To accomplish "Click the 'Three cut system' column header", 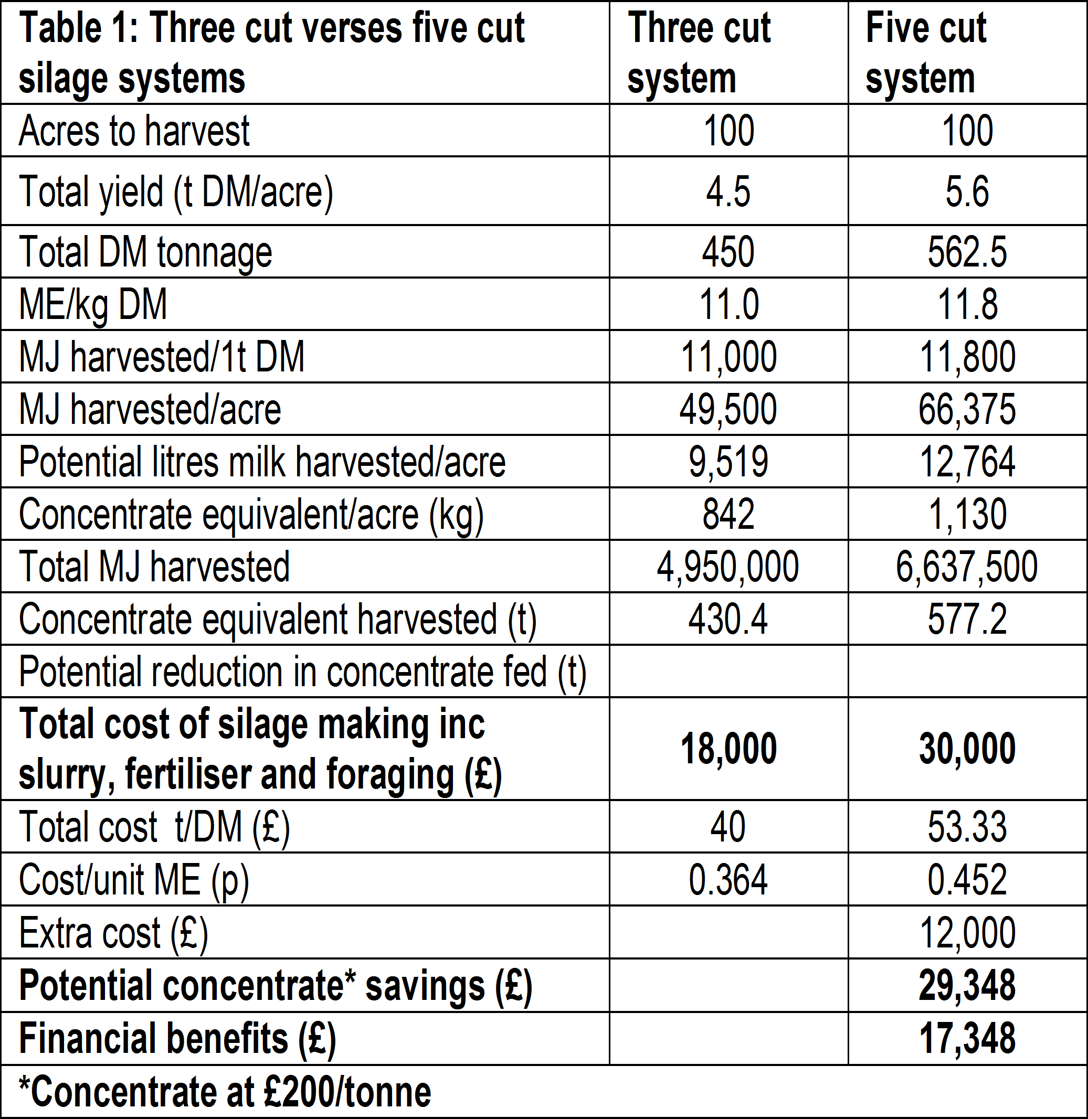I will point(699,52).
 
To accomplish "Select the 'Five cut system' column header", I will point(926,52).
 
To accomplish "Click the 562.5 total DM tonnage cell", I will point(967,252).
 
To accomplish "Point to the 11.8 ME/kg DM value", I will point(967,304).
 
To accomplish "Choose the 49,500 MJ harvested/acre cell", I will point(728,409).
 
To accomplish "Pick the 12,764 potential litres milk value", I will point(967,462).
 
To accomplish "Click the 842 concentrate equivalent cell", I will point(728,514).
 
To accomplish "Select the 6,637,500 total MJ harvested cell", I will point(967,567).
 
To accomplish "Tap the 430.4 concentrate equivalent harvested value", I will point(728,619).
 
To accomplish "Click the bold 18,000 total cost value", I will point(728,748).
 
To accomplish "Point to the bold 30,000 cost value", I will point(967,748).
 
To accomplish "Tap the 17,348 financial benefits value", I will point(967,1038).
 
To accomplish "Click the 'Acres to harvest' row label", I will point(134,131).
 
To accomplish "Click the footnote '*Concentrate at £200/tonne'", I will point(225,1091).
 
